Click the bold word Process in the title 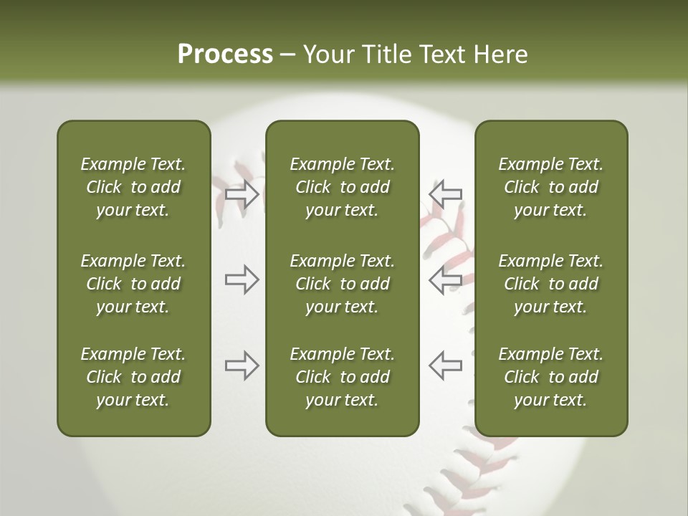click(225, 54)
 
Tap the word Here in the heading click(501, 54)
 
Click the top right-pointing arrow click(242, 195)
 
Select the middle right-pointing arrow click(242, 279)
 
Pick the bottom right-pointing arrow click(242, 365)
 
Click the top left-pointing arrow click(445, 195)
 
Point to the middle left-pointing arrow click(445, 279)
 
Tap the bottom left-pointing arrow click(445, 365)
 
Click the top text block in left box click(133, 187)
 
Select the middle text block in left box click(133, 284)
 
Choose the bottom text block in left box click(133, 377)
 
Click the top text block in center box click(342, 187)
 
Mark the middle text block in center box click(342, 284)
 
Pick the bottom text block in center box click(342, 377)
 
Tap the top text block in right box click(550, 187)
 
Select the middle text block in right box click(550, 284)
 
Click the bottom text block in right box click(550, 377)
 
